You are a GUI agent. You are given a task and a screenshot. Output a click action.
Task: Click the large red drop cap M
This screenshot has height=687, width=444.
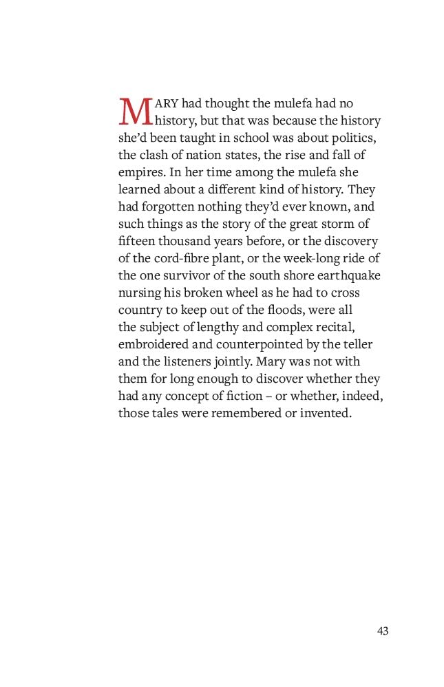(135, 111)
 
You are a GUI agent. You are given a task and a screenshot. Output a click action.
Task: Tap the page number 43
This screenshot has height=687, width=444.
(383, 631)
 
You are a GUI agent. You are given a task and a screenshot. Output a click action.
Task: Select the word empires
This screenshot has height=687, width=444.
(140, 172)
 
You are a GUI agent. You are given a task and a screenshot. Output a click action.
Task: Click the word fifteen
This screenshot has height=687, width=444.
(136, 241)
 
